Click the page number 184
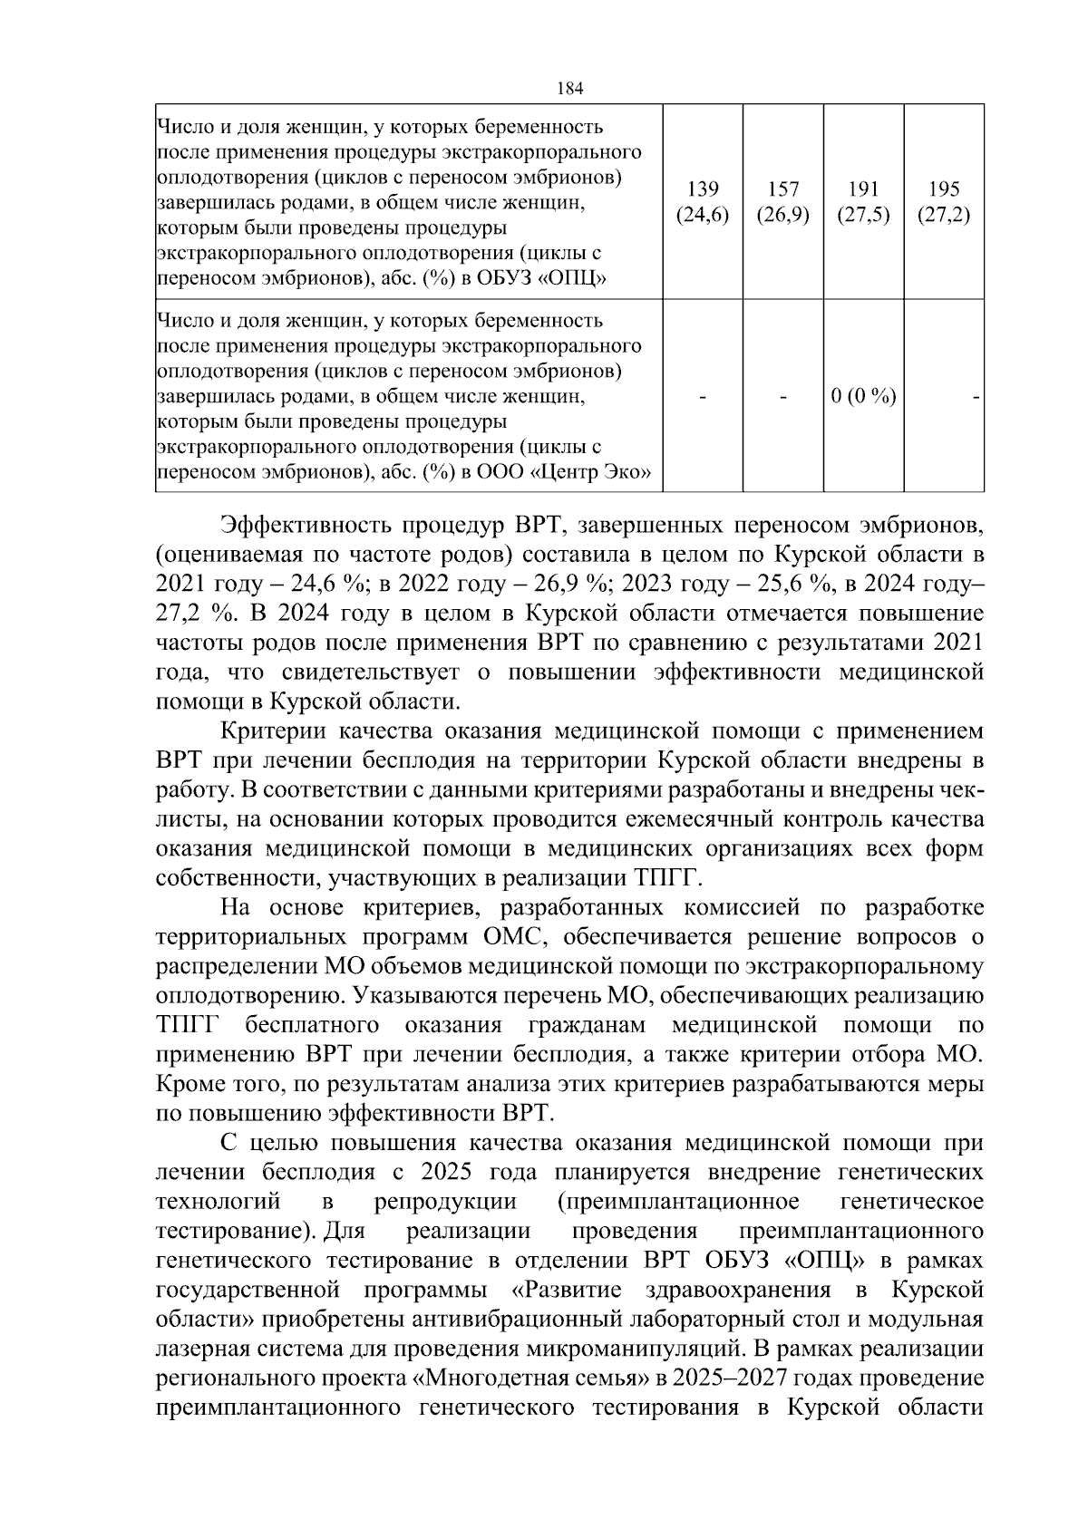tap(568, 88)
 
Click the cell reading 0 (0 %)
tap(863, 397)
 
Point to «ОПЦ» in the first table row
tap(572, 278)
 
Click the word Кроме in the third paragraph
tap(189, 1083)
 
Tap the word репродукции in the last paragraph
tap(445, 1202)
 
